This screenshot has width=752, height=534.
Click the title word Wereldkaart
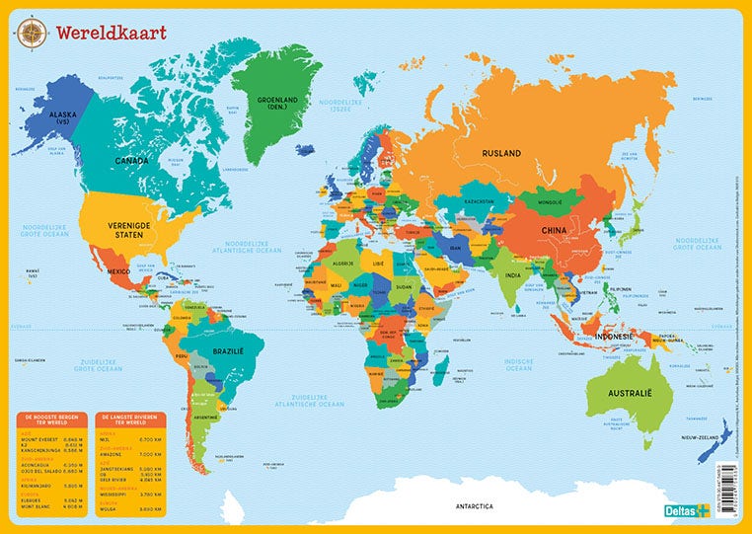111,33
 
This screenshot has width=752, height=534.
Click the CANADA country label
131,161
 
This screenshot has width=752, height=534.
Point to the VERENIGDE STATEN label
138,225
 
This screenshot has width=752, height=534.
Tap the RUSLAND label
501,153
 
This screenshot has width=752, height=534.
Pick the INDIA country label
512,275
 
